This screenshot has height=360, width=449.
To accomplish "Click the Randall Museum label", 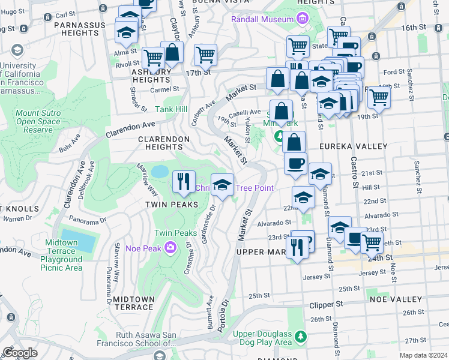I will click(x=261, y=19).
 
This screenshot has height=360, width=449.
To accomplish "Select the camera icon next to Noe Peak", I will click(x=171, y=247).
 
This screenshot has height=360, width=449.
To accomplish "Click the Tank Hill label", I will click(x=172, y=109).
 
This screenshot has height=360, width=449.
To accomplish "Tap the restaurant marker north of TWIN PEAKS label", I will click(x=184, y=181).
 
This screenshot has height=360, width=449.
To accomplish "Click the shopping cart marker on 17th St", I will click(x=205, y=56).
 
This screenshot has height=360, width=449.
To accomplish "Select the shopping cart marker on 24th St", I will click(x=372, y=243).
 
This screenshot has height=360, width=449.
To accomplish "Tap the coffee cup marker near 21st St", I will click(x=295, y=164).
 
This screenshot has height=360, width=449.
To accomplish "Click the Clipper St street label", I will click(x=327, y=304).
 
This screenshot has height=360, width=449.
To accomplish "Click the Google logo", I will click(x=20, y=352).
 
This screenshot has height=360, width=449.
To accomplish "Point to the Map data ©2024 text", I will click(x=424, y=355).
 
